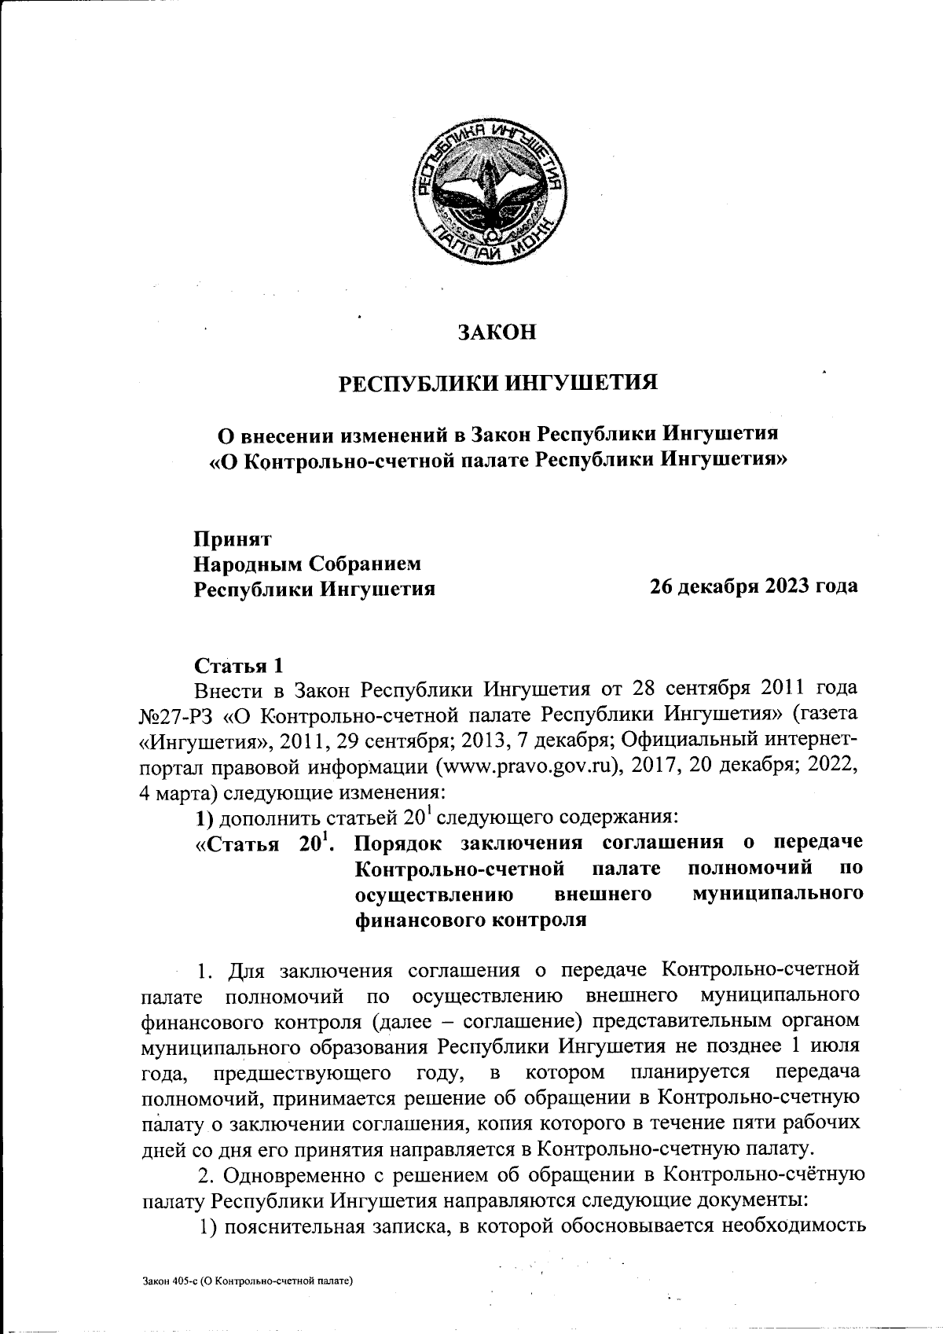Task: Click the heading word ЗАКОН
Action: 497,332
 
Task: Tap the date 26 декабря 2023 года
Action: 753,586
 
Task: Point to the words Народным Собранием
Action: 307,564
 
